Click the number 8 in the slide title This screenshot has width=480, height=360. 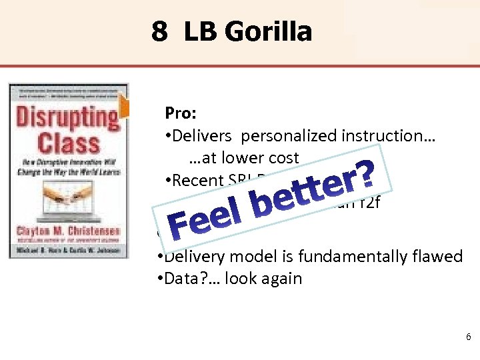pyautogui.click(x=159, y=31)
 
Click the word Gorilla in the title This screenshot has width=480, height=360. pyautogui.click(x=273, y=31)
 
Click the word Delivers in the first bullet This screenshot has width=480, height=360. pyautogui.click(x=204, y=136)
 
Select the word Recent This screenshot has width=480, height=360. pyautogui.click(x=197, y=180)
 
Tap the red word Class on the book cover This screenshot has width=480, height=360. pyautogui.click(x=69, y=143)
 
